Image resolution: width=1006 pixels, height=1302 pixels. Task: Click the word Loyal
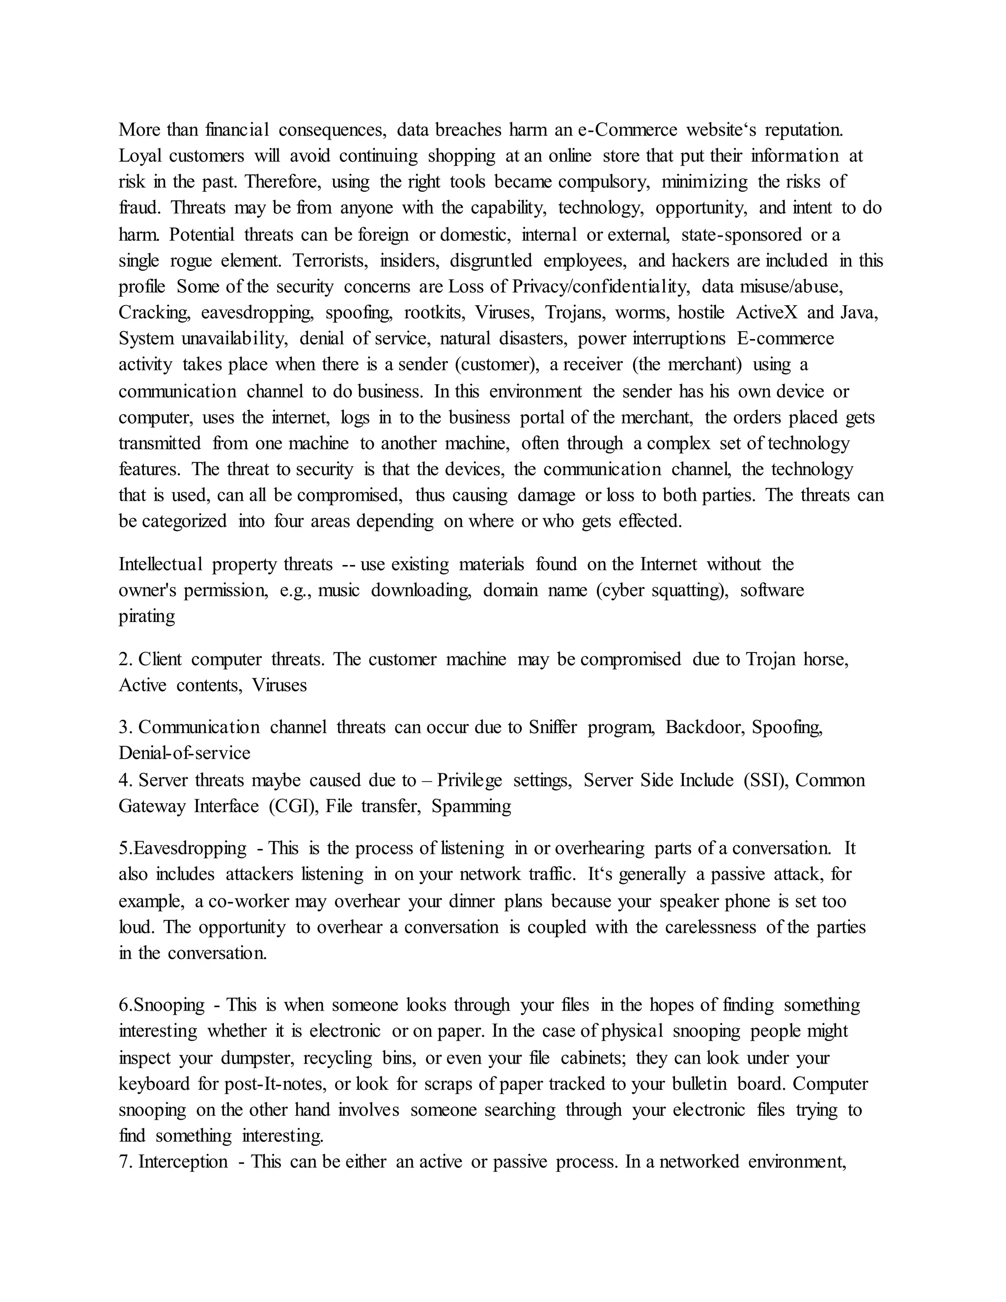tap(140, 156)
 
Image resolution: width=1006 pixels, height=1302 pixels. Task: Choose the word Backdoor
tap(705, 727)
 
